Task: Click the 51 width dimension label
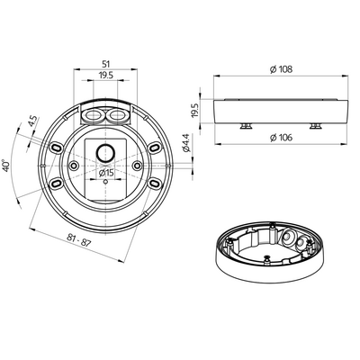[x=106, y=64]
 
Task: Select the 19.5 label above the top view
[x=105, y=76]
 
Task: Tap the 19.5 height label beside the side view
[x=195, y=111]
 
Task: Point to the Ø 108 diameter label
[x=281, y=69]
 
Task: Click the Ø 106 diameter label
[x=281, y=138]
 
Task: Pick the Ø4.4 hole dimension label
[x=186, y=143]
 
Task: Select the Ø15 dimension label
[x=106, y=173]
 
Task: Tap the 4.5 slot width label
[x=33, y=121]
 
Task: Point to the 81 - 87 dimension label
[x=78, y=240]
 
